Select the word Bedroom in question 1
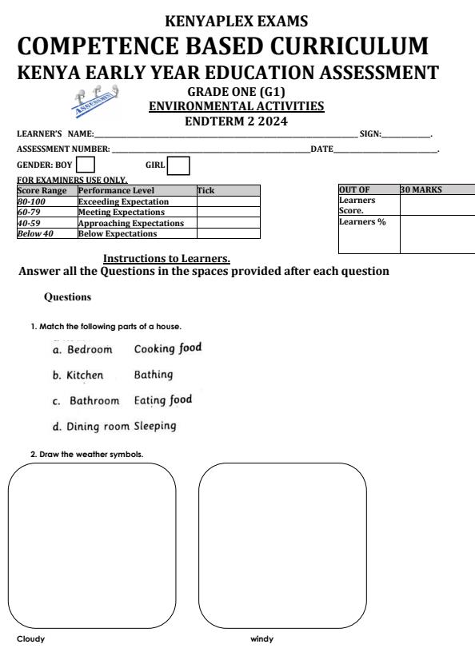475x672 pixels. (90, 349)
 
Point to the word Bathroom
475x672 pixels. (94, 400)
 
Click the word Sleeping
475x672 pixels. (155, 425)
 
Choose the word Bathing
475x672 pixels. (154, 374)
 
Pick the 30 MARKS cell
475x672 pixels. (437, 190)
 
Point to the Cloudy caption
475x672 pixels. (30, 638)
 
